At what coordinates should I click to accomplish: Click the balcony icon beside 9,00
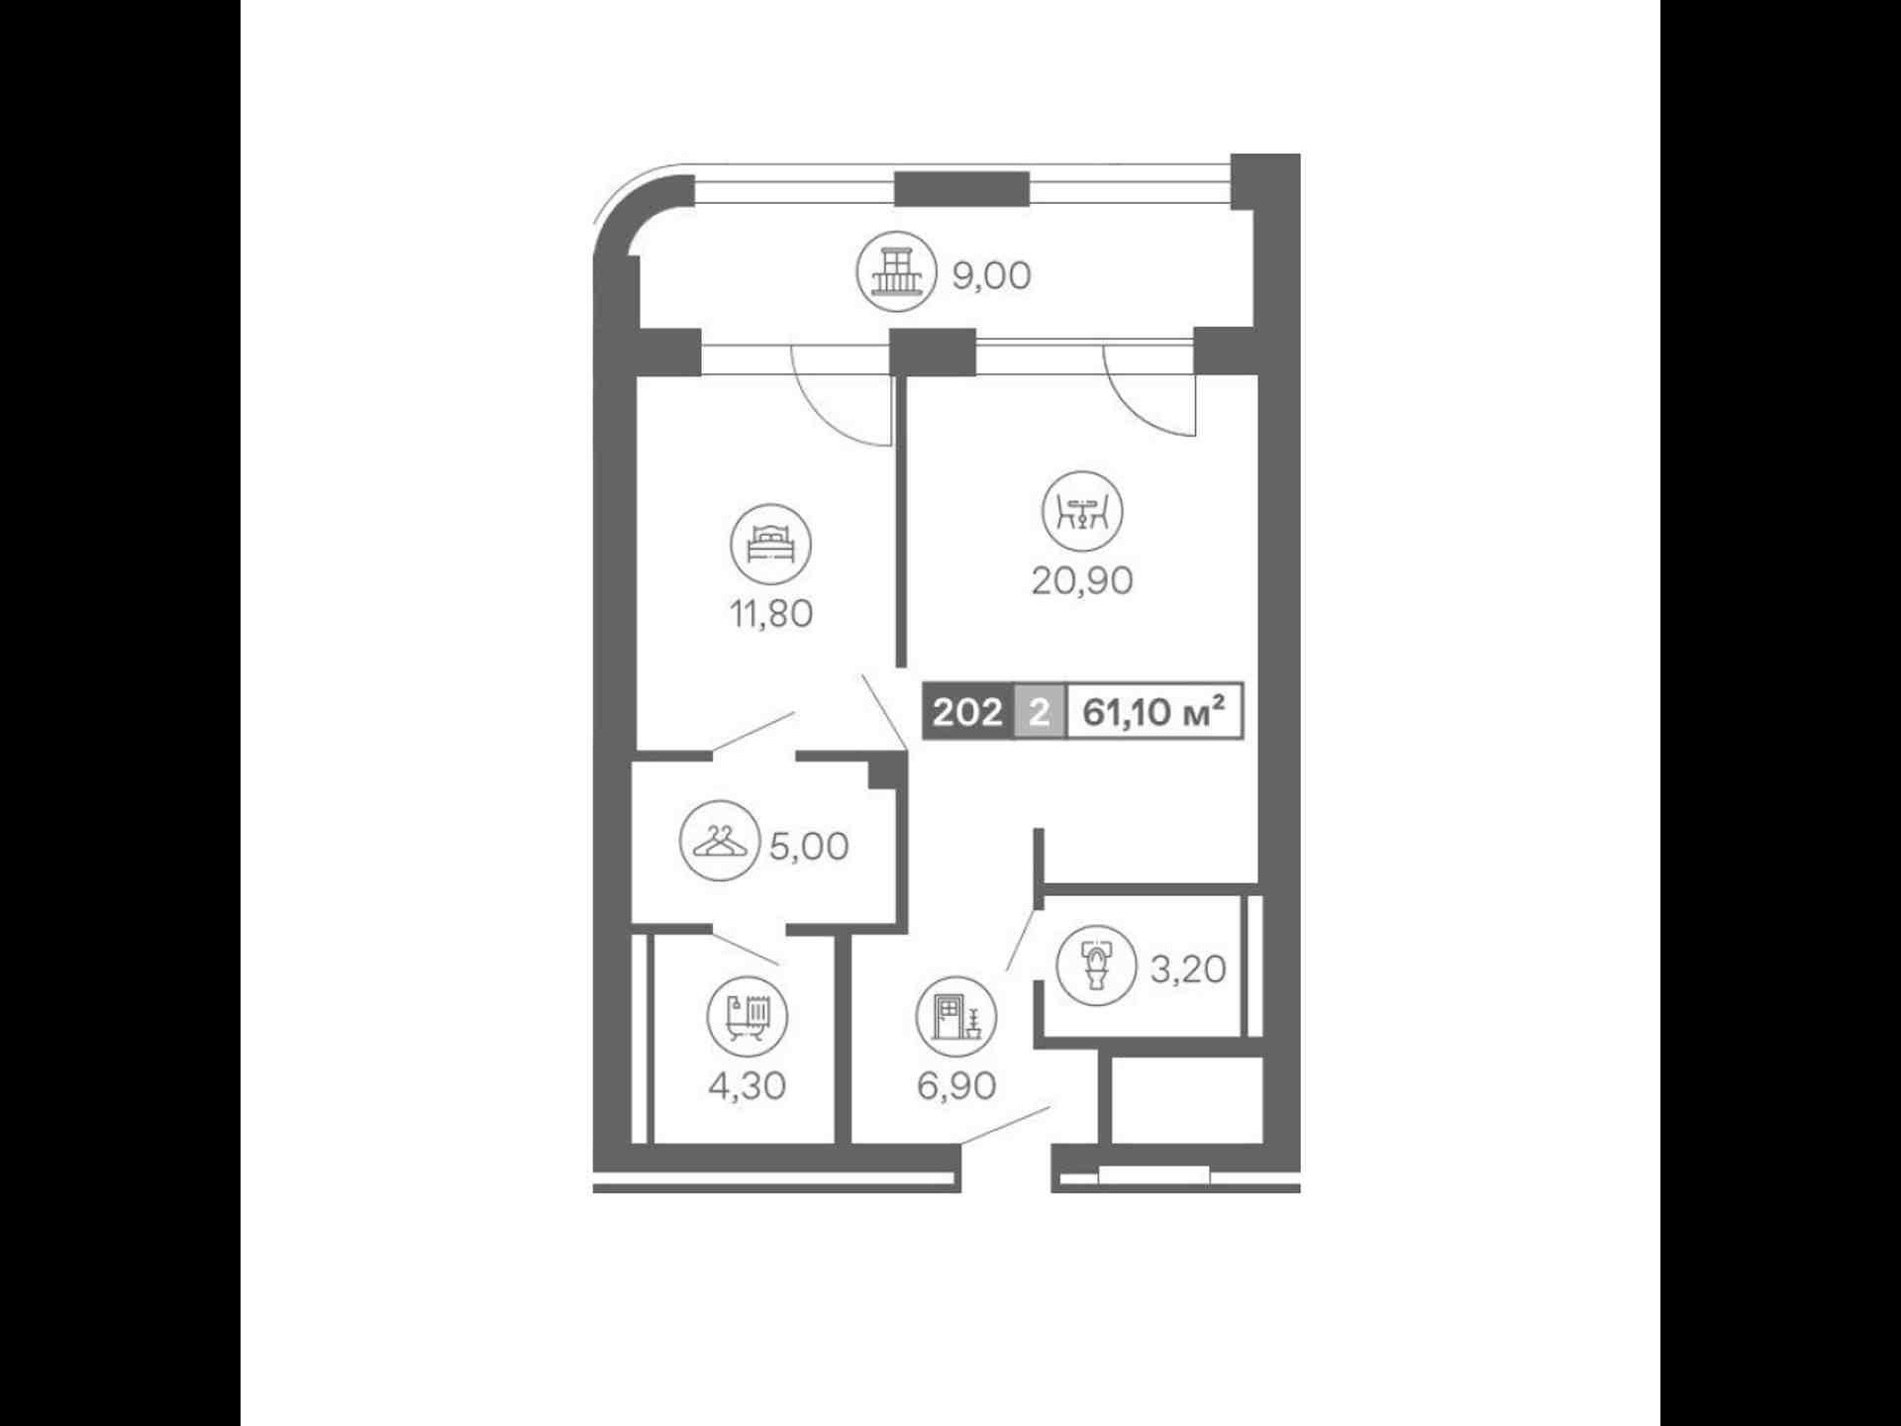click(x=896, y=271)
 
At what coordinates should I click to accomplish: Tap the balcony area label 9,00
click(x=991, y=275)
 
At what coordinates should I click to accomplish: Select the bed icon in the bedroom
click(x=770, y=545)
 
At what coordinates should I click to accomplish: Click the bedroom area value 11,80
click(x=771, y=614)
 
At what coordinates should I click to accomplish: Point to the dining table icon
click(x=1082, y=511)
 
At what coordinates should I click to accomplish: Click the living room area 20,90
click(x=1082, y=580)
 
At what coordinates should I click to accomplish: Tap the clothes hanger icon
click(x=720, y=841)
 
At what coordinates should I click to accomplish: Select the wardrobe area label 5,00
click(x=809, y=847)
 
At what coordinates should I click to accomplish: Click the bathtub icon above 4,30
click(x=748, y=1016)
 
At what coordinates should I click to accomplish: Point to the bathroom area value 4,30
click(x=748, y=1086)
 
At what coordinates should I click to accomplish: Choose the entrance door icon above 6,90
click(x=956, y=1016)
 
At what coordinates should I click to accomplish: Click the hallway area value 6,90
click(x=956, y=1086)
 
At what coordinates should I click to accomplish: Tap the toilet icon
click(x=1097, y=966)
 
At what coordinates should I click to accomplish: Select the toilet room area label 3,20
click(x=1188, y=968)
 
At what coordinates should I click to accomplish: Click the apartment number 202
click(x=967, y=712)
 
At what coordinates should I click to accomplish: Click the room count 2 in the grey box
click(x=1039, y=712)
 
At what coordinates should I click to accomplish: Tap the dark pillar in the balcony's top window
click(x=961, y=189)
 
